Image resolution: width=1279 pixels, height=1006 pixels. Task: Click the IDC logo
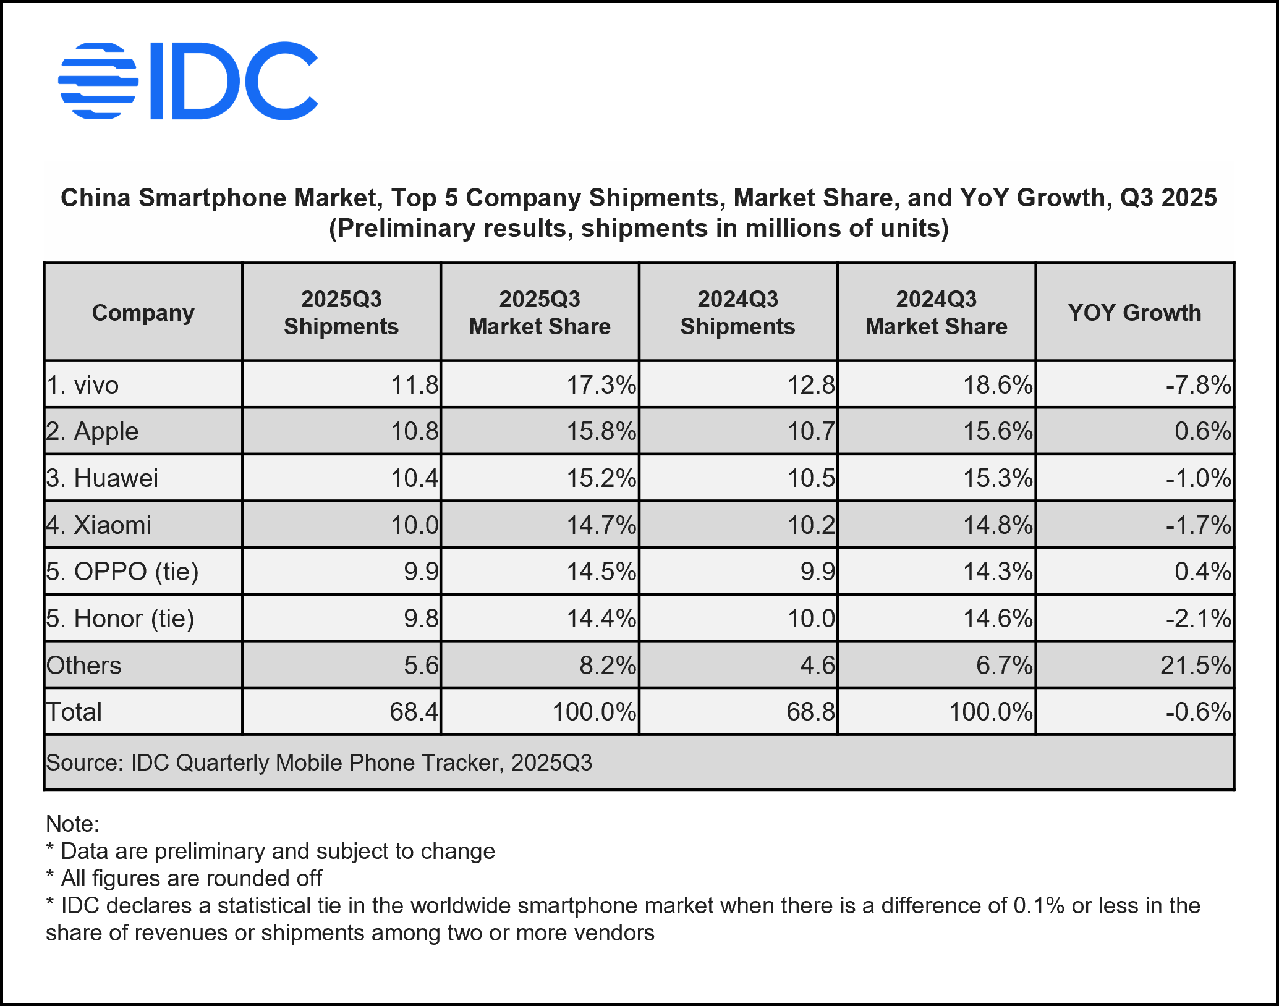[188, 81]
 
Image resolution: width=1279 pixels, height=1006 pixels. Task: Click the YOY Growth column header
[1134, 313]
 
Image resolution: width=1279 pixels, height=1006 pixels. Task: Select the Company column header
[143, 313]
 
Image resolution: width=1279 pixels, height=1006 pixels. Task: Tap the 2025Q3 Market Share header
[540, 313]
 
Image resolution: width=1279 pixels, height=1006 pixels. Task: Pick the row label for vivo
[83, 385]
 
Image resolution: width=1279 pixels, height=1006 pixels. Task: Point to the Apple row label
[92, 431]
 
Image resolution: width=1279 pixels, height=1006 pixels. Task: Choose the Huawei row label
[103, 478]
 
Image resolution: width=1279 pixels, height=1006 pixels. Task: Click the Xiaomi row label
[99, 525]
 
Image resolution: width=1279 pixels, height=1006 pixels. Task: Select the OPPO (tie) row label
[122, 572]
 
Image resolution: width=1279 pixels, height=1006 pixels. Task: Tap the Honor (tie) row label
[121, 619]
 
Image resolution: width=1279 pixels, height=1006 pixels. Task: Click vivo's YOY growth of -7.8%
[1198, 385]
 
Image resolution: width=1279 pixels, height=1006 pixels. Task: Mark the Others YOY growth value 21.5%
[1196, 666]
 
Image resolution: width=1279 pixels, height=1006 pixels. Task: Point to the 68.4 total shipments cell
[414, 712]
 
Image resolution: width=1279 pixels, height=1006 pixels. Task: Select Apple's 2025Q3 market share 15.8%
[601, 431]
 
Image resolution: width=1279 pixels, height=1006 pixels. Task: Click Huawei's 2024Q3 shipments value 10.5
[811, 478]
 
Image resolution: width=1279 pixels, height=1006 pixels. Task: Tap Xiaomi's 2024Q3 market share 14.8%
[998, 525]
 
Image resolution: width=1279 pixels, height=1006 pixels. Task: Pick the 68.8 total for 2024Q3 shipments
[810, 712]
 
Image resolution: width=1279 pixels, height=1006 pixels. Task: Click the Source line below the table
[319, 763]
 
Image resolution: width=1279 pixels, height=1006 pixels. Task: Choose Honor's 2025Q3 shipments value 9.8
[421, 619]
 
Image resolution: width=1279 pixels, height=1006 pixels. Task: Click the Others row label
[84, 666]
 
